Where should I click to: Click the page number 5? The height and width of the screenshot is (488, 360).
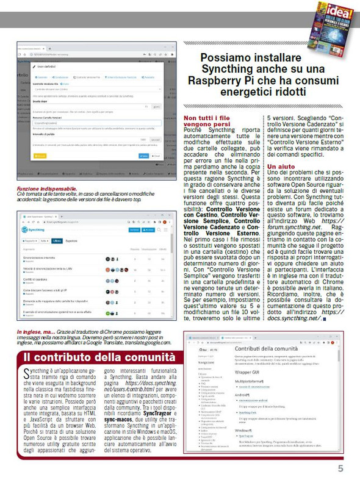pos(340,468)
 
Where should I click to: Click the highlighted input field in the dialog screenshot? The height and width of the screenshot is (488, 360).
pos(92,123)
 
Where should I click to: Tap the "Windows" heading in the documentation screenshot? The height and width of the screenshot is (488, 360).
pos(244,430)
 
